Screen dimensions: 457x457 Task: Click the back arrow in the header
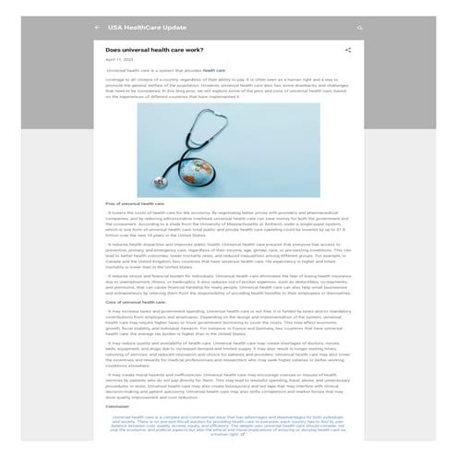pos(97,27)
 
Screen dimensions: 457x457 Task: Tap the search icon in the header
pos(360,27)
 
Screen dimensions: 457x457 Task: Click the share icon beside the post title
pos(348,50)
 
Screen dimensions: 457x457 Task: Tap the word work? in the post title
pos(192,50)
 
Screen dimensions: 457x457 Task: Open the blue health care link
pos(214,70)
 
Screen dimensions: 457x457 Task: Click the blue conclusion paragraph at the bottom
pos(228,423)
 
